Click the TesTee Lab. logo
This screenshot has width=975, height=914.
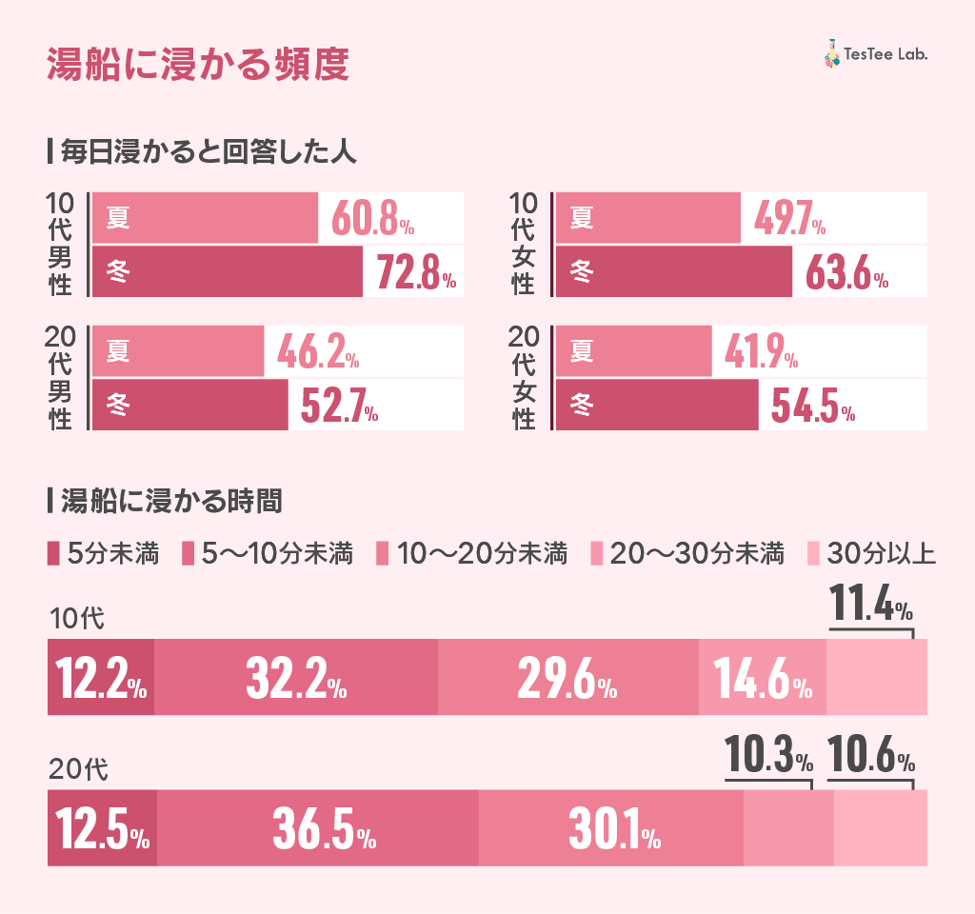[x=875, y=54]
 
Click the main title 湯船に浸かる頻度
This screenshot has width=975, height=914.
[x=199, y=66]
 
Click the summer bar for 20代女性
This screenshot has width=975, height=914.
[x=633, y=352]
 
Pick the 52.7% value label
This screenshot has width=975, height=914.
[x=339, y=407]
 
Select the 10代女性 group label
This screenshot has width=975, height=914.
[x=523, y=244]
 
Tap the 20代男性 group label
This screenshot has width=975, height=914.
[x=59, y=377]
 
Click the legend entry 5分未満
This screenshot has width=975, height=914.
[x=104, y=553]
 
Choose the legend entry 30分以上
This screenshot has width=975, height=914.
[x=872, y=553]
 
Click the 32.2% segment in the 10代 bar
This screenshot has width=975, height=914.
[x=295, y=678]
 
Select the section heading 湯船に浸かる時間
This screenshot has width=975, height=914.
[x=170, y=501]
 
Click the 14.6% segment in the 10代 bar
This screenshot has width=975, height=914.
[x=762, y=678]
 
